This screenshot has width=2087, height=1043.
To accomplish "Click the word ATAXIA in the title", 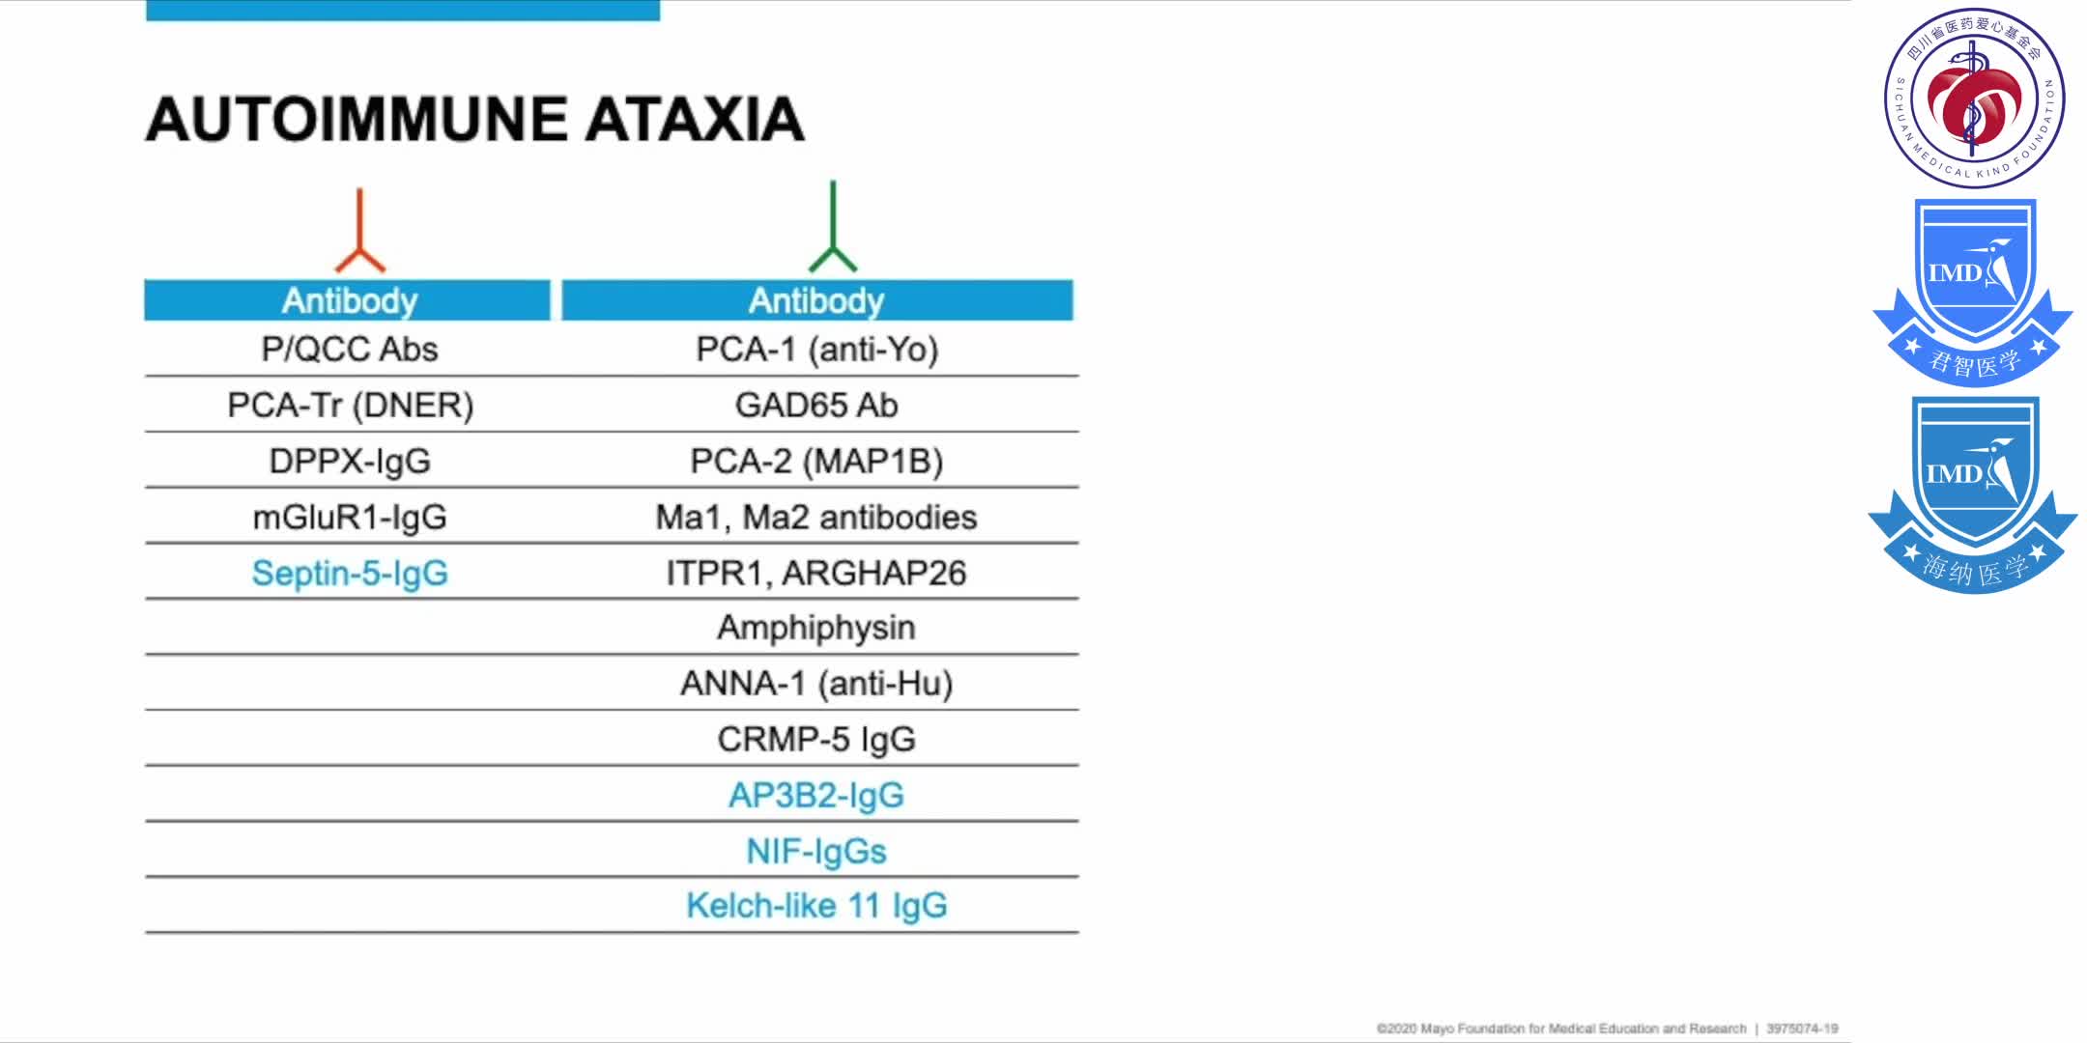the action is point(695,119).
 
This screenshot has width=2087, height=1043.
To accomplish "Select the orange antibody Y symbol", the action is point(359,231).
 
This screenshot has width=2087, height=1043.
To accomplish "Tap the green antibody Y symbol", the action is point(832,227).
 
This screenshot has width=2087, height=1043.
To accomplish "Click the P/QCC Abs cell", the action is point(350,349).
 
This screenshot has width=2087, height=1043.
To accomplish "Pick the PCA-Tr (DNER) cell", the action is point(350,405).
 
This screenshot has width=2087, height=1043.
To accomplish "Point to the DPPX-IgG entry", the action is point(350,461).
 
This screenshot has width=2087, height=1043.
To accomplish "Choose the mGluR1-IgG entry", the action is point(350,517).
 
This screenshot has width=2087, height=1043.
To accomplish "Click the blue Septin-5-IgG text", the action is point(350,573).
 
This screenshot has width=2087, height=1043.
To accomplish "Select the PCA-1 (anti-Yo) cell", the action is point(817,349).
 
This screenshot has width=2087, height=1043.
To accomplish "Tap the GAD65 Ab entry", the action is point(816,405).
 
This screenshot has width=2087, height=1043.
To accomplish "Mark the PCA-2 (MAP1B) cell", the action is point(816,461).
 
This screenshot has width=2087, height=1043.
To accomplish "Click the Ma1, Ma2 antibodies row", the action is point(816,517).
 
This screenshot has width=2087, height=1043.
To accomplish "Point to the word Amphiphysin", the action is point(816,628).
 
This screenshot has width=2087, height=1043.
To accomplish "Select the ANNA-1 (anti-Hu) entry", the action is point(816,683).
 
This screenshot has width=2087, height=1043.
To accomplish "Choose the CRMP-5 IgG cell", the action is point(816,739).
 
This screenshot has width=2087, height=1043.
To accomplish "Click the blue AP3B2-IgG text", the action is point(816,795).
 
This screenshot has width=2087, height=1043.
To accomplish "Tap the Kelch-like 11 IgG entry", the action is point(816,905).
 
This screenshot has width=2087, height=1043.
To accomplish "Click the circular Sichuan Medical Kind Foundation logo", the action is point(1974,97).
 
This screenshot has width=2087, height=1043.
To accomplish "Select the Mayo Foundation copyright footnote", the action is point(1607,1029).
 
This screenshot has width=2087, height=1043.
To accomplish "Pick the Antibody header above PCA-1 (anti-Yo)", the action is point(816,300).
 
